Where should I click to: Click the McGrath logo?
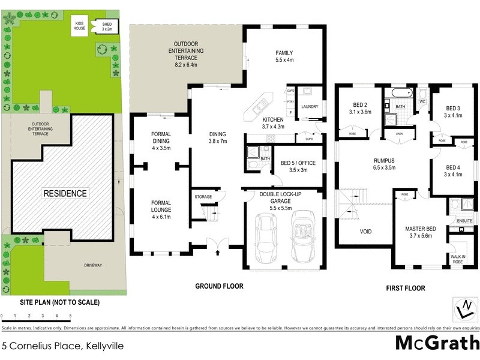coord(437,344)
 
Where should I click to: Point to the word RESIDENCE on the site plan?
coord(65,193)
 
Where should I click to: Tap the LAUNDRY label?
coord(310,107)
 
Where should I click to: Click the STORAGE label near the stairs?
coord(203,196)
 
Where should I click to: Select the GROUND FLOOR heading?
coord(220,286)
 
